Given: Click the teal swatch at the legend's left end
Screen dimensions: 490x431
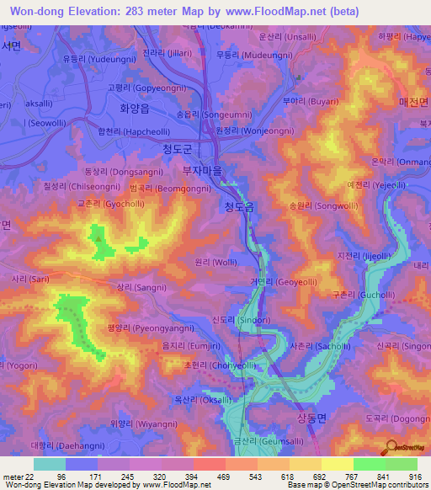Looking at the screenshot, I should click(50, 464).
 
